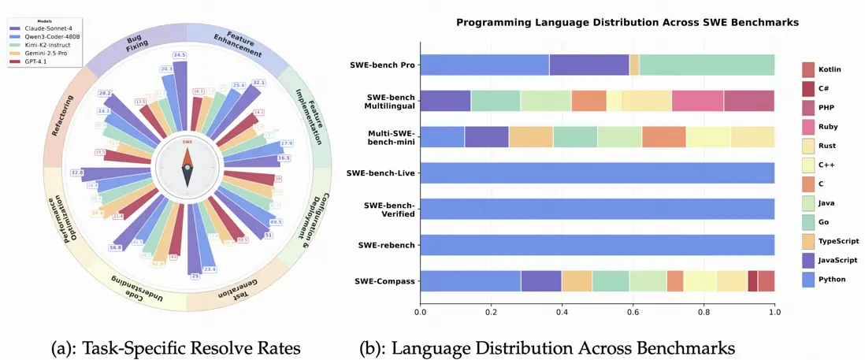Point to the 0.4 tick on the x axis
[562, 313]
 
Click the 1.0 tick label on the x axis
[774, 313]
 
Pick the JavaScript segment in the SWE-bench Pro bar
[589, 65]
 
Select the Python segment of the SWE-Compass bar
[470, 280]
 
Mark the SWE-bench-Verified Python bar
[597, 209]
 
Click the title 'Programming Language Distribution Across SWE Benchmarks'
[628, 23]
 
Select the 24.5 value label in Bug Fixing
[180, 55]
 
